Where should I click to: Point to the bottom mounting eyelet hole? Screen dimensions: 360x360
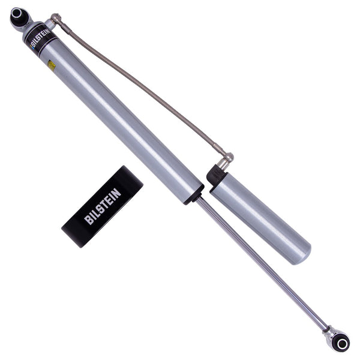pos(341,343)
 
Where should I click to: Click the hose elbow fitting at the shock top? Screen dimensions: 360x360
pos(55,19)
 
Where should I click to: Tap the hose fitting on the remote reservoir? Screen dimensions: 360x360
pos(226,161)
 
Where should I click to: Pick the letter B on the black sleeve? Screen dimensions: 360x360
pos(88,220)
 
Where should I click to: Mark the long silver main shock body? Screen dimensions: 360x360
pos(120,120)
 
